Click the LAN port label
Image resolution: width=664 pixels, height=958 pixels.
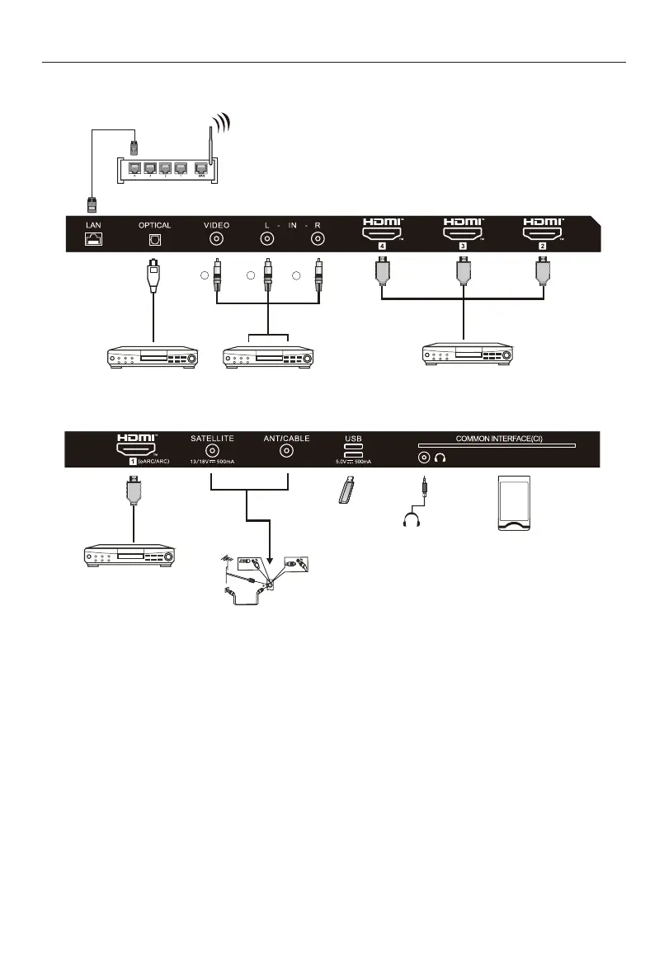tap(90, 225)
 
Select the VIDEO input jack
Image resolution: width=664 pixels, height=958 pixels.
tap(217, 240)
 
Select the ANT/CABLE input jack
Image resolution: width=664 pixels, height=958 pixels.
tap(287, 451)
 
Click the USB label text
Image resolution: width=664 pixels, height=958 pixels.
tap(352, 439)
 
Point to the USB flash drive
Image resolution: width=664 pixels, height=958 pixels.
tap(349, 491)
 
